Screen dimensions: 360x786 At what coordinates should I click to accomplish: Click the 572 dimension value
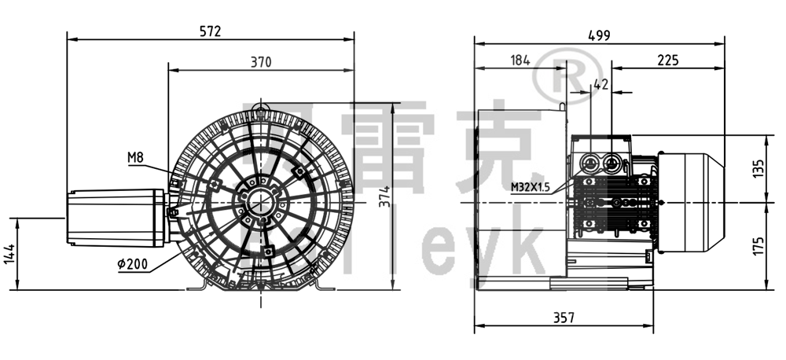[210, 31]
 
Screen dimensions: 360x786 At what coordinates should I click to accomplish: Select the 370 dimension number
[261, 63]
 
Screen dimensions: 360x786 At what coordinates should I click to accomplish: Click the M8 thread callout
[136, 158]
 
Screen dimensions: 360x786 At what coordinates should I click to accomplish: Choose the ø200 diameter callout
[131, 265]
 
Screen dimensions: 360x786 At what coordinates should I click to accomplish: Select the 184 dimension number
[520, 60]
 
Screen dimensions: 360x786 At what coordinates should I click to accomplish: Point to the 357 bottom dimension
[563, 318]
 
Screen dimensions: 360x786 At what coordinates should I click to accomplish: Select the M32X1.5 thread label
[532, 186]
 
